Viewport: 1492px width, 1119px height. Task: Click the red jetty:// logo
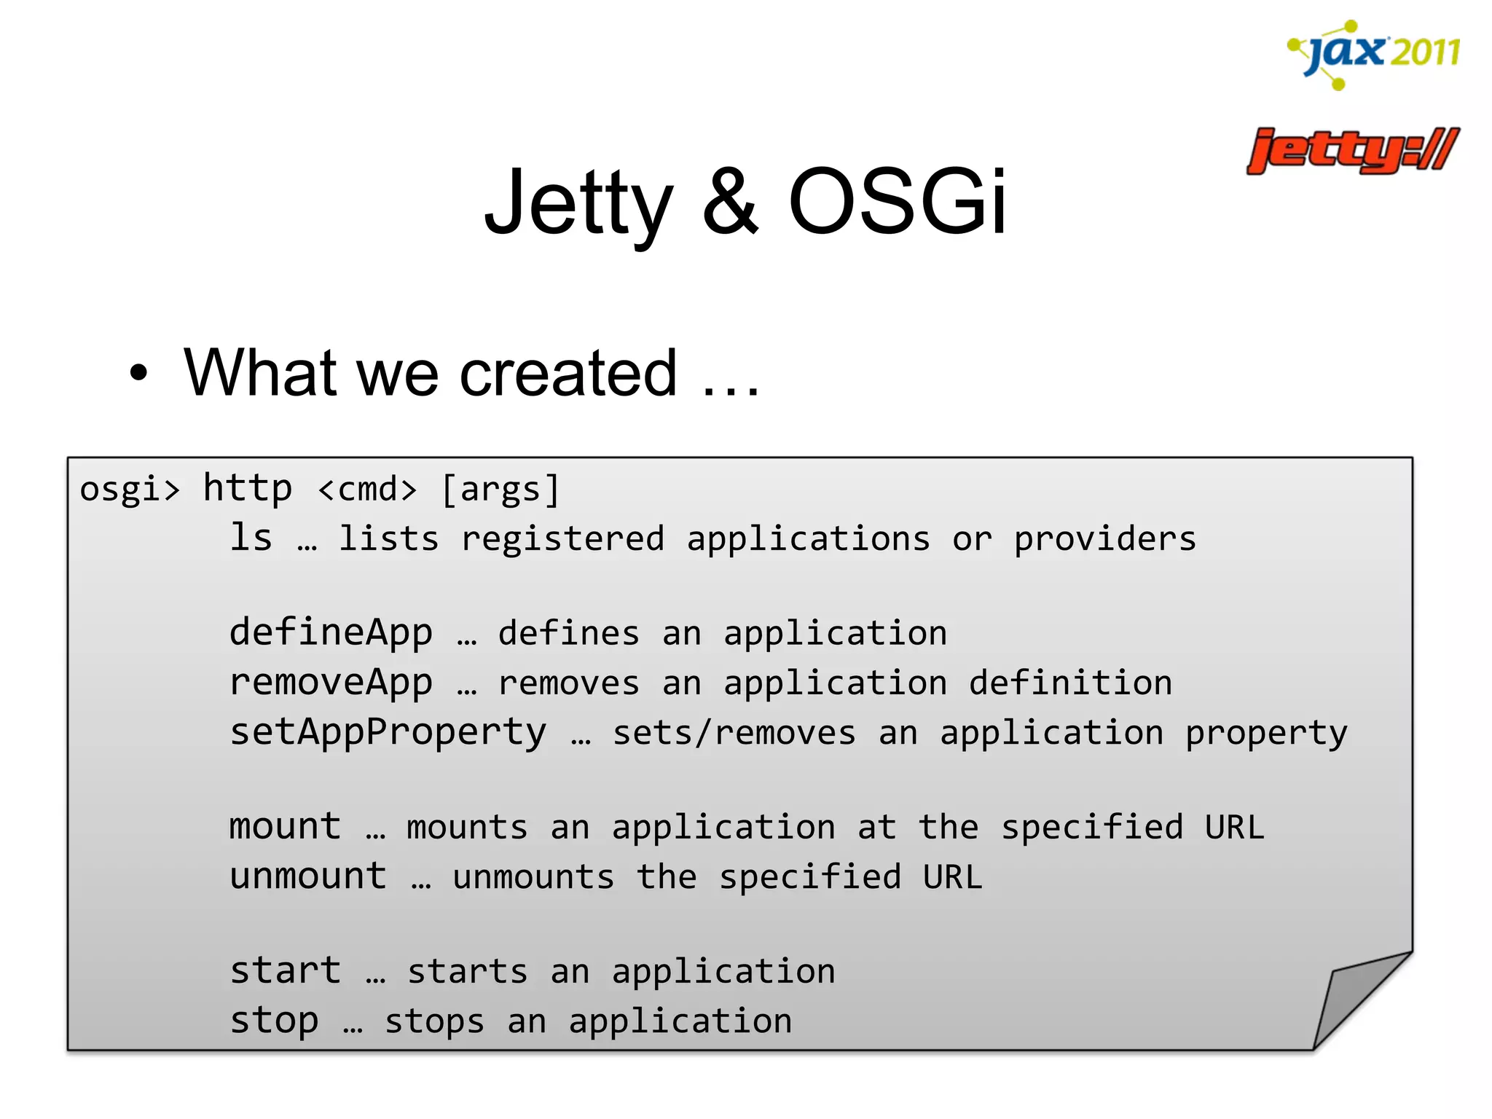[1352, 151]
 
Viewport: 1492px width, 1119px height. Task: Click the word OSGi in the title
[898, 202]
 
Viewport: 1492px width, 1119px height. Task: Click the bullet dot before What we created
[138, 373]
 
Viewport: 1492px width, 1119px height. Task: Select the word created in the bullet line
[568, 373]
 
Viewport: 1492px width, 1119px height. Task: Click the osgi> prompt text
[130, 489]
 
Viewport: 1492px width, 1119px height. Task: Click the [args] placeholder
[501, 489]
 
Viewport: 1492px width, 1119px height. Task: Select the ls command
[251, 538]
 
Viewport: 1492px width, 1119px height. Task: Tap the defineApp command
[331, 633]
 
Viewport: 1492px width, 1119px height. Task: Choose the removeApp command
[331, 683]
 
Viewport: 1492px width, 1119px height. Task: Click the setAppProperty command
[388, 733]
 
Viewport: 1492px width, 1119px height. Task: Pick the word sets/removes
[734, 733]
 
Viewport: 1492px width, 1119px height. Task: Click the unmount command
[307, 876]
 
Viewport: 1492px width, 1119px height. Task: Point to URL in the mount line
[1234, 827]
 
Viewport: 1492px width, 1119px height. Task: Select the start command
[285, 971]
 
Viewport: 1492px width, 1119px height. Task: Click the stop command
[274, 1021]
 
